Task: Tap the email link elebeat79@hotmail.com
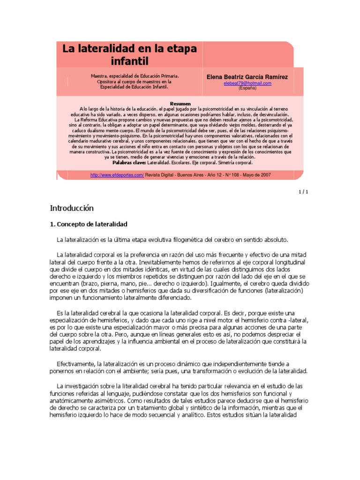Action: [x=247, y=83]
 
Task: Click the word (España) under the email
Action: [x=247, y=88]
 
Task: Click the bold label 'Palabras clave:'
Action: [x=129, y=163]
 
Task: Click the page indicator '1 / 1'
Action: [x=303, y=192]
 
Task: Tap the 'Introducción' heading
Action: [x=72, y=208]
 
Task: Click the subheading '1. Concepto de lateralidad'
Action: [x=89, y=225]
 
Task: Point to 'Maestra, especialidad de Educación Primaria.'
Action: [x=135, y=75]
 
